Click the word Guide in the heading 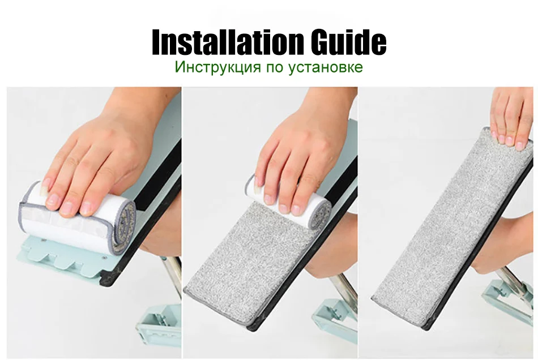[349, 42]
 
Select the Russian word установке [325, 67]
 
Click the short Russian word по [274, 67]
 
